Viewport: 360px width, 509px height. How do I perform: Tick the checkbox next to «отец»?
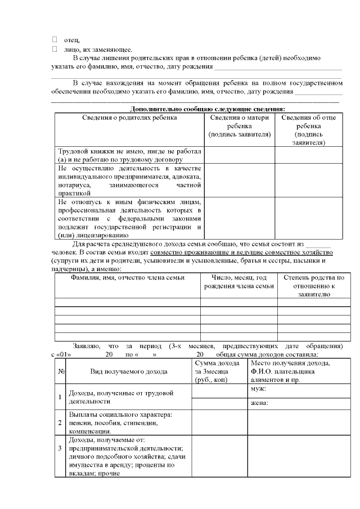(x=55, y=39)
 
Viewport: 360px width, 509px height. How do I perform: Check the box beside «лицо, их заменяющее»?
(x=55, y=49)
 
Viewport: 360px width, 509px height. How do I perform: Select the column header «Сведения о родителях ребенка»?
(x=129, y=118)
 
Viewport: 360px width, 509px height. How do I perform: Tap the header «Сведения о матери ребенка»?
(x=240, y=126)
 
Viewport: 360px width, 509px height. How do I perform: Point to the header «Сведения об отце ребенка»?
(x=308, y=130)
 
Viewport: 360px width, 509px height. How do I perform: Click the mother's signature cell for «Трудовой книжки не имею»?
(x=240, y=155)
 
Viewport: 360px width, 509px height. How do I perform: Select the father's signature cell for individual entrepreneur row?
(x=308, y=180)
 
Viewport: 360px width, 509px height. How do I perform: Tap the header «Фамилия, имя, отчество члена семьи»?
(x=127, y=278)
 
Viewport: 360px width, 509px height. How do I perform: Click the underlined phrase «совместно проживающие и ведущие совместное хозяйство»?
(x=242, y=253)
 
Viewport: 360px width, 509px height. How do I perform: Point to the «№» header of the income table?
(x=61, y=371)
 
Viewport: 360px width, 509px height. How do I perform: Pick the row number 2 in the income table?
(x=61, y=422)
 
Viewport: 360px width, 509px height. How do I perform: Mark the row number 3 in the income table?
(x=61, y=448)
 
